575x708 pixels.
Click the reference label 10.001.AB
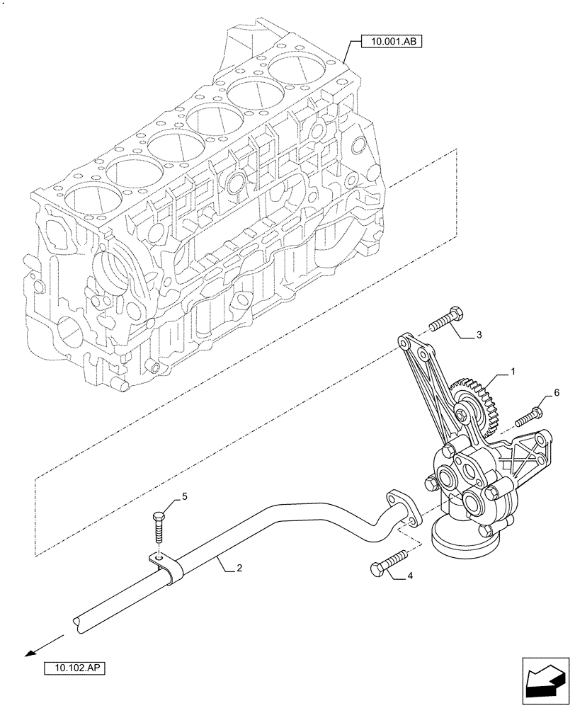[x=391, y=42]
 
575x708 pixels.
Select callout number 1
[x=513, y=371]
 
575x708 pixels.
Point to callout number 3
[x=479, y=334]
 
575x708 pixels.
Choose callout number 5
[x=185, y=497]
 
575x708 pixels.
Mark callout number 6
[x=556, y=392]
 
